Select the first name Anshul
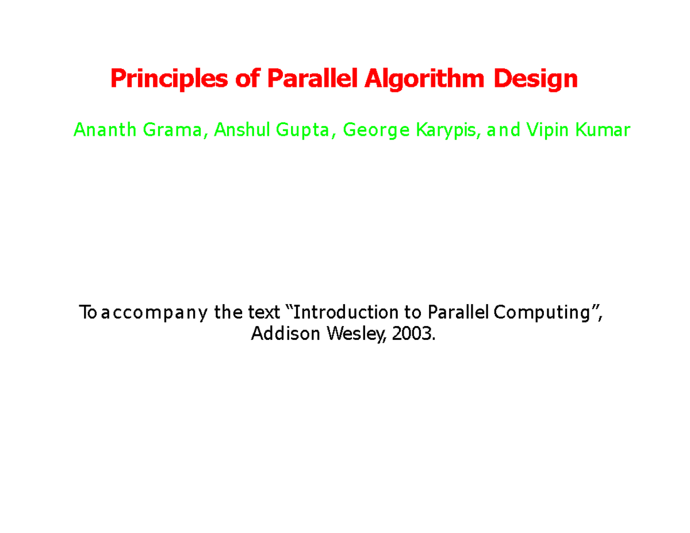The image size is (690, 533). tap(241, 131)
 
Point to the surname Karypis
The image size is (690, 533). tap(447, 131)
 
